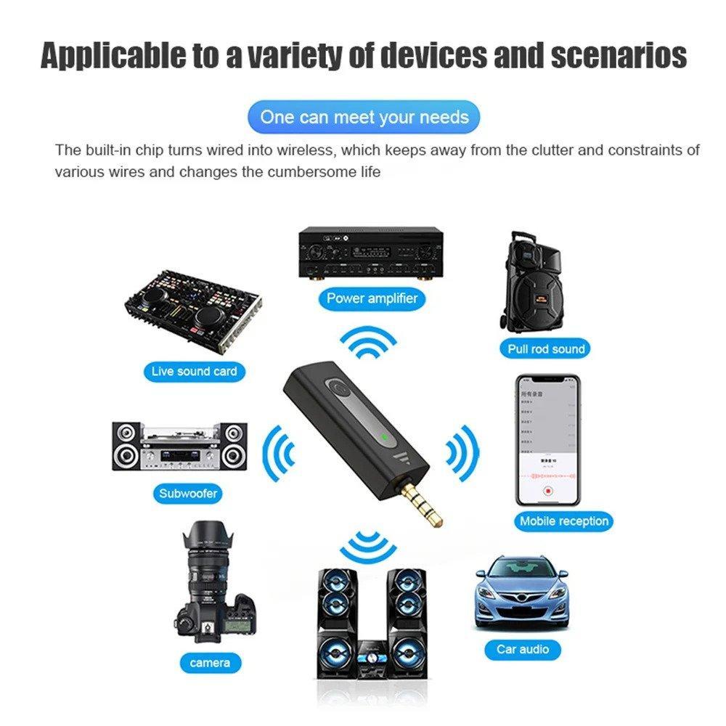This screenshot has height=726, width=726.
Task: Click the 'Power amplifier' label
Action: tap(372, 298)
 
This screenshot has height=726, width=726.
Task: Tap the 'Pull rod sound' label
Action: tap(546, 348)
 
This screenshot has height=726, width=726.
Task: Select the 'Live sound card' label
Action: tap(194, 371)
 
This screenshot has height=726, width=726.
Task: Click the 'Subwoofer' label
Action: tap(189, 494)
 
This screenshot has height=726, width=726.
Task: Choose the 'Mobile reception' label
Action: tap(563, 521)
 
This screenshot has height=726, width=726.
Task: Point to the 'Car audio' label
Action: tap(523, 648)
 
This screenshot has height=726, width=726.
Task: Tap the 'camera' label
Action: tap(210, 662)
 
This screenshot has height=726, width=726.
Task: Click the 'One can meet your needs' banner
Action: tap(364, 117)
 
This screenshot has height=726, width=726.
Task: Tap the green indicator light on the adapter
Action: tap(382, 437)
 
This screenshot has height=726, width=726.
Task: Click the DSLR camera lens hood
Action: tap(211, 540)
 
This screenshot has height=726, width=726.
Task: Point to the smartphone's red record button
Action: tap(547, 491)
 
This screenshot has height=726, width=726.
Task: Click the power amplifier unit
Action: tap(371, 255)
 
